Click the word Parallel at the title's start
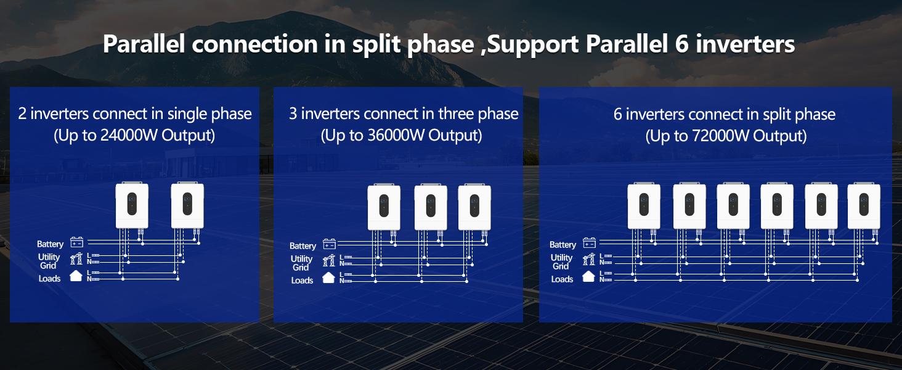click(144, 44)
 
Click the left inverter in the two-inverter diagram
click(132, 205)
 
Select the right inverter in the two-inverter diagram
click(187, 205)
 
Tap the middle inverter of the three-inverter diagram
click(430, 208)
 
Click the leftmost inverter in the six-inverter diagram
click(643, 207)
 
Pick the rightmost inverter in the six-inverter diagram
click(864, 207)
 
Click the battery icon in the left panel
click(77, 243)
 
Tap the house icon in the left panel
click(76, 276)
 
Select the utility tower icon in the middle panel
click(330, 261)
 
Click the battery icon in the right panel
click(590, 243)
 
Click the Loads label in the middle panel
click(302, 281)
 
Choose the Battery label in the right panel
click(563, 245)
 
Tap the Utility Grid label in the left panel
click(49, 261)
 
